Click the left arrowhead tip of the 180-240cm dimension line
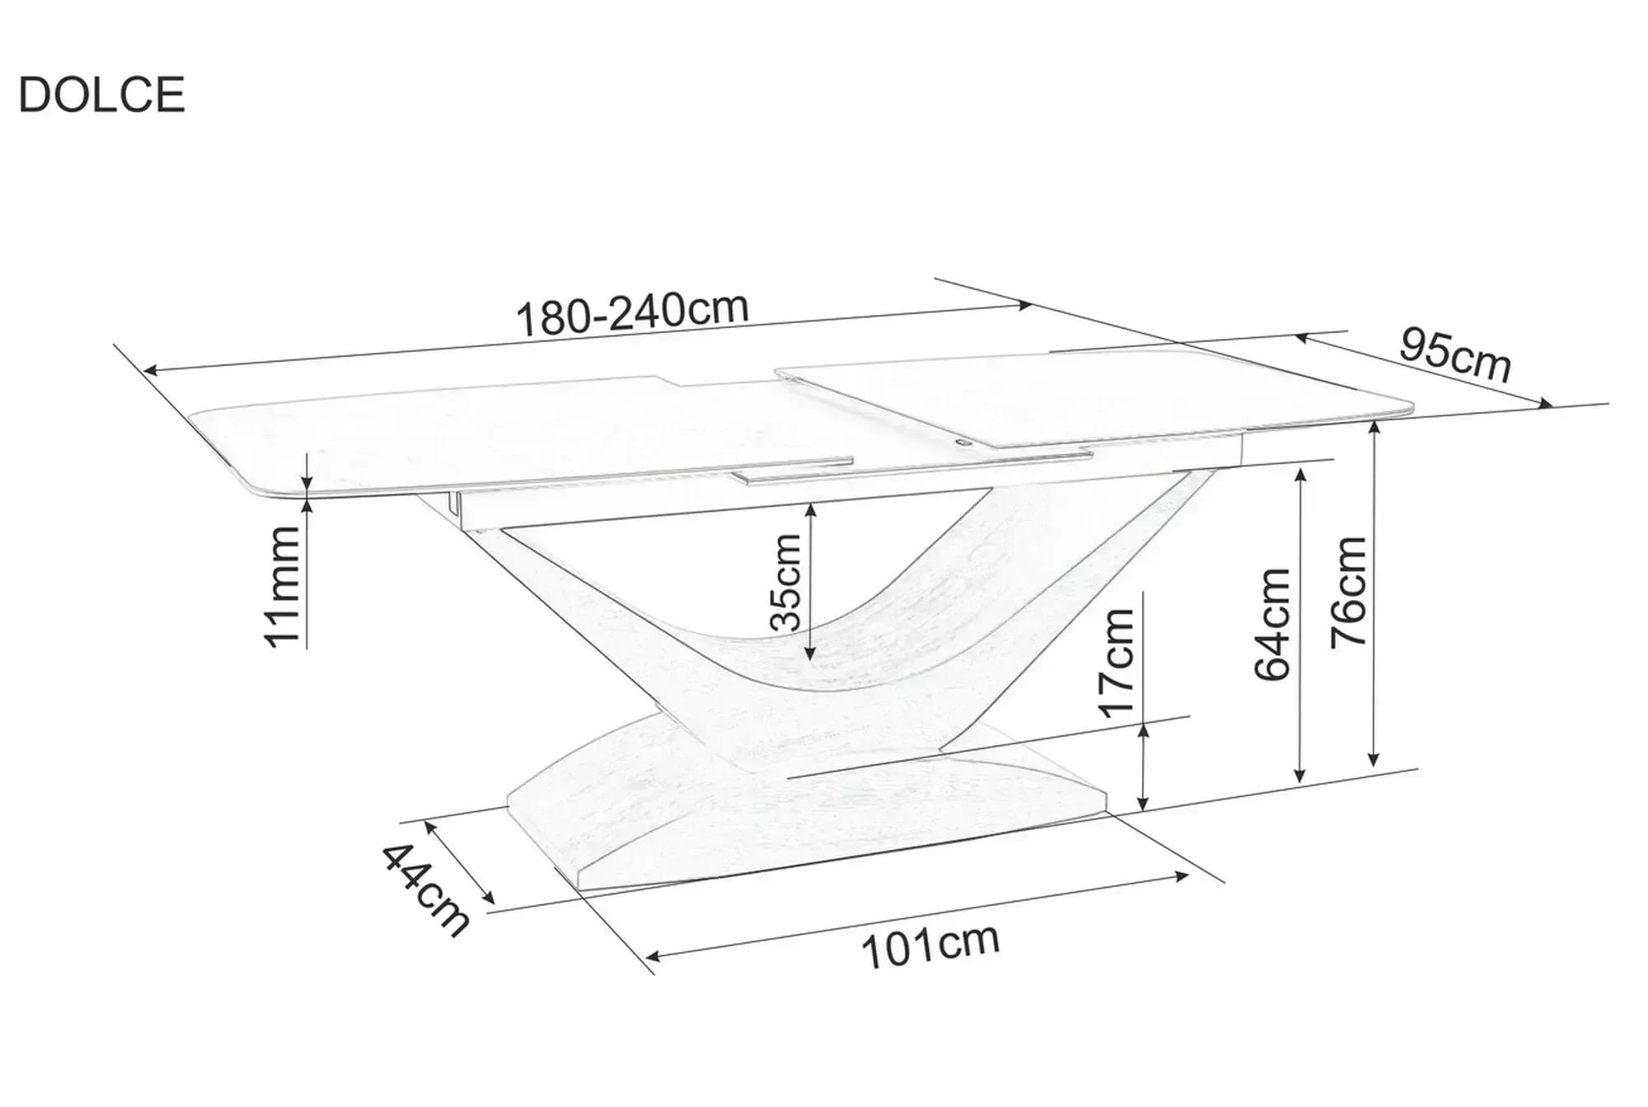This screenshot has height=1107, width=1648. click(143, 372)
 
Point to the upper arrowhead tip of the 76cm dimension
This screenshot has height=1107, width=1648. click(1374, 421)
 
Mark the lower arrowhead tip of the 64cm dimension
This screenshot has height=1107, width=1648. click(1300, 782)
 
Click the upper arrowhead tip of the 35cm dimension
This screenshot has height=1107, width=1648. click(811, 504)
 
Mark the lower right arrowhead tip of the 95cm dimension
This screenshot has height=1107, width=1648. click(1552, 406)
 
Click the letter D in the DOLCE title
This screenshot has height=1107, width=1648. click(35, 95)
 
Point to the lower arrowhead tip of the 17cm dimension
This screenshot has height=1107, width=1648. click(1144, 810)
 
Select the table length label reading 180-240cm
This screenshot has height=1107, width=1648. click(632, 313)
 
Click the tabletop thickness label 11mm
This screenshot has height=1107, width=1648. click(282, 587)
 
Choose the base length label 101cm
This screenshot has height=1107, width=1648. click(930, 946)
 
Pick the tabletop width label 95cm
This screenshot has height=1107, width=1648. click(1455, 354)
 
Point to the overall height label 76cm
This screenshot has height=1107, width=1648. click(1350, 590)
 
